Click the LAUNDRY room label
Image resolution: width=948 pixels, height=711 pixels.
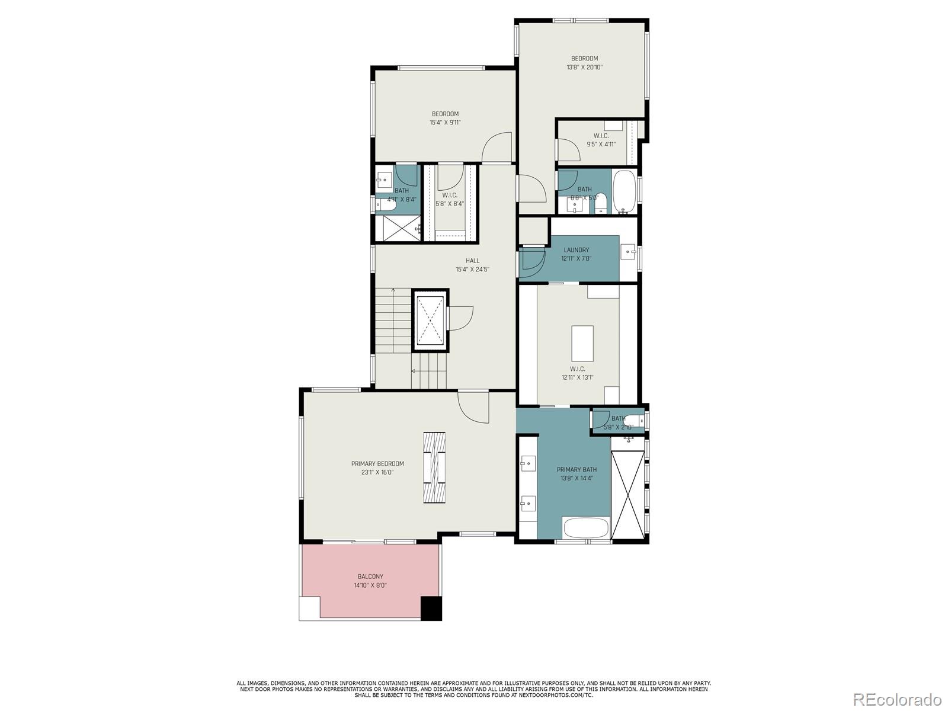pyautogui.click(x=576, y=250)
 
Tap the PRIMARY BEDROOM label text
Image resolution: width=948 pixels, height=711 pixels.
pyautogui.click(x=377, y=464)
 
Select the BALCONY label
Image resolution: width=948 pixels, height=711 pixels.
pyautogui.click(x=370, y=577)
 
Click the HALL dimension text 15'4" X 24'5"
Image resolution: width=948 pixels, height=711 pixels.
pyautogui.click(x=472, y=269)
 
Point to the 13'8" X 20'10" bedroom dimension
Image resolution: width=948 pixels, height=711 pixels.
pyautogui.click(x=584, y=68)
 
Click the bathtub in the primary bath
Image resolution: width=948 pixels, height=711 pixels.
pyautogui.click(x=585, y=527)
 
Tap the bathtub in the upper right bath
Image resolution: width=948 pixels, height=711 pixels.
pyautogui.click(x=623, y=191)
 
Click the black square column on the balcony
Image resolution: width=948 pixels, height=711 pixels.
pyautogui.click(x=431, y=608)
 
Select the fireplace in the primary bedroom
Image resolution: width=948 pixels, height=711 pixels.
pyautogui.click(x=434, y=467)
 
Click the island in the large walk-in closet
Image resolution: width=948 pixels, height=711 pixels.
pyautogui.click(x=582, y=343)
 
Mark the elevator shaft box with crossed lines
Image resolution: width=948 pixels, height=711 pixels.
pyautogui.click(x=430, y=321)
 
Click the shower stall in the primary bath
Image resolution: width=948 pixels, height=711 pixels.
pyautogui.click(x=627, y=494)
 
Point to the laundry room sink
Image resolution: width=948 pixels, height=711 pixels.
pyautogui.click(x=628, y=252)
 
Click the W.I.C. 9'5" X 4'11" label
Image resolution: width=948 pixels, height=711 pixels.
pyautogui.click(x=601, y=140)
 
